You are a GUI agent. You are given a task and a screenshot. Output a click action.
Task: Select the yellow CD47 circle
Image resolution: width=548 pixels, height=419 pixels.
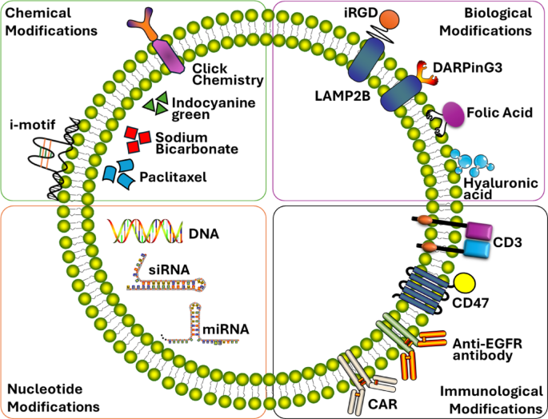pyautogui.click(x=468, y=284)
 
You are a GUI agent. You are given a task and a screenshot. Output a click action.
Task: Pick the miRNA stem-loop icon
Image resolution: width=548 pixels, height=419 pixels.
pyautogui.click(x=197, y=324)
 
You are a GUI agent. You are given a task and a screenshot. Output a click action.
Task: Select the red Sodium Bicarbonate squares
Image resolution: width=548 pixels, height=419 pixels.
pyautogui.click(x=137, y=138)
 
